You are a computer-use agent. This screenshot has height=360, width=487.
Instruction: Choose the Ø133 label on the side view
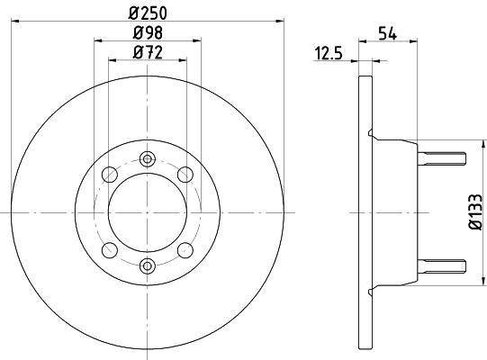(475, 211)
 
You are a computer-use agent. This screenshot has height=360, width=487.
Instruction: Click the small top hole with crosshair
(148, 158)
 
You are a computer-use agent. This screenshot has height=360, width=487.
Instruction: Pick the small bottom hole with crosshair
(148, 265)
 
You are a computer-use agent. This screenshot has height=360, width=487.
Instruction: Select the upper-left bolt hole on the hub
(110, 174)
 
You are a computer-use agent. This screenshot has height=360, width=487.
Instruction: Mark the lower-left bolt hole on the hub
(110, 250)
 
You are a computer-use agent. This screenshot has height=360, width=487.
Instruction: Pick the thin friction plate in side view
(364, 270)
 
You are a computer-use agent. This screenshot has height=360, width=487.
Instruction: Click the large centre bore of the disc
(148, 211)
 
